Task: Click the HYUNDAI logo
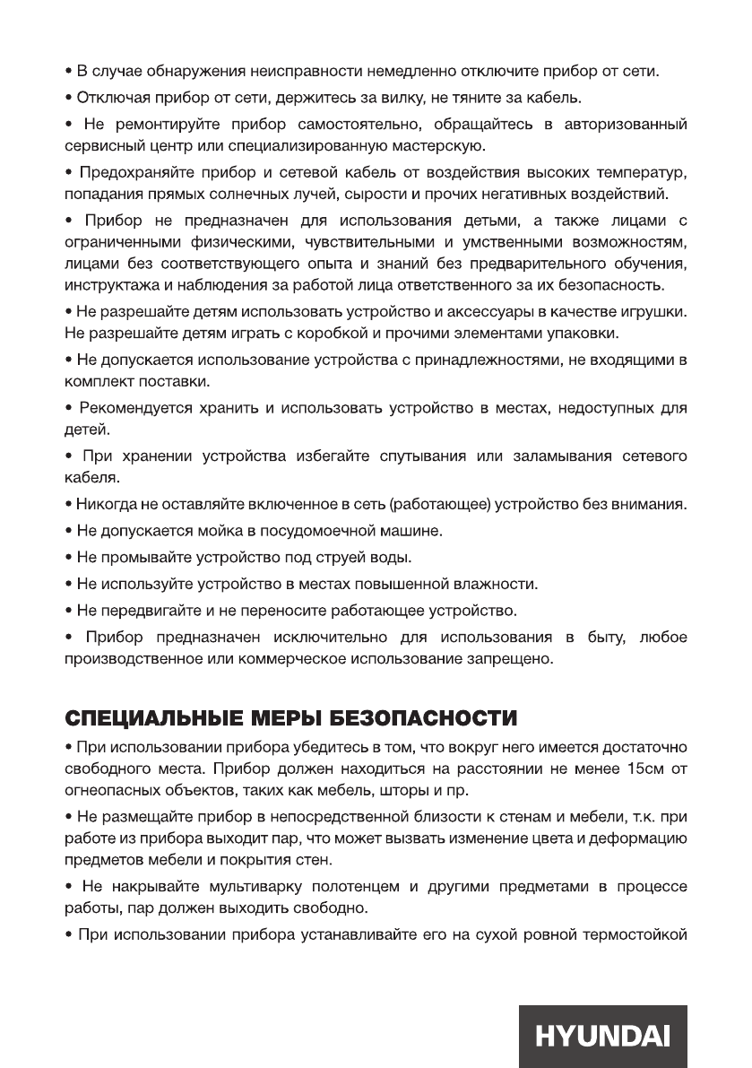point(602,1037)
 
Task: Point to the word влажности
point(497,586)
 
